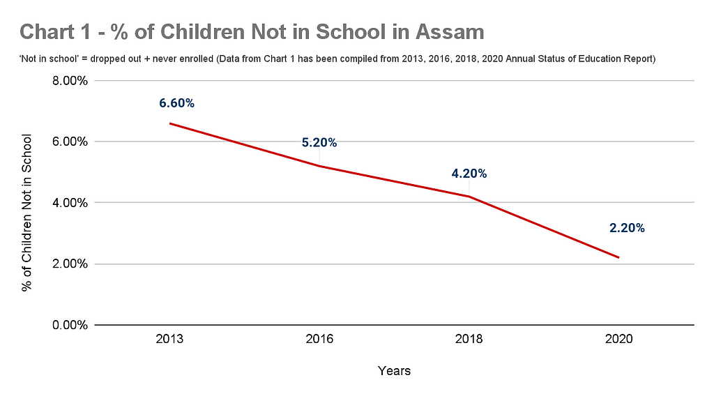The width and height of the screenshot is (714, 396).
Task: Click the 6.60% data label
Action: point(176,103)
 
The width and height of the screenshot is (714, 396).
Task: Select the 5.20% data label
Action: point(319,143)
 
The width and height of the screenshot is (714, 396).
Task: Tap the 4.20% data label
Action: point(469,174)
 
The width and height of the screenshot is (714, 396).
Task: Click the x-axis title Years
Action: point(394,371)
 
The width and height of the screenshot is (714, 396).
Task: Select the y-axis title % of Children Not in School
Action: point(27,202)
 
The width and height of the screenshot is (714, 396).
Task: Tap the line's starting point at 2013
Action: point(170,123)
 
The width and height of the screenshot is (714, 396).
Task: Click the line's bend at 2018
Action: point(469,197)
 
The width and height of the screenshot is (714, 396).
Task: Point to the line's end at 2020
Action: point(618,258)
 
